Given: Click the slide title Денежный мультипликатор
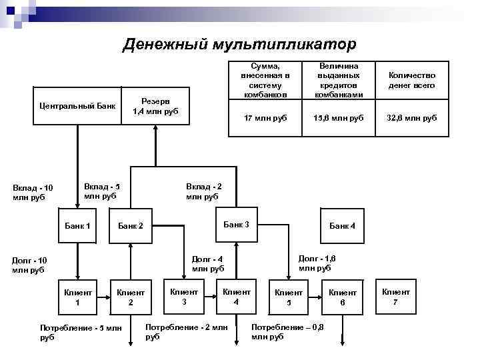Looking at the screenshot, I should [240, 45].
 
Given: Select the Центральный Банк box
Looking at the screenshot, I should [77, 106].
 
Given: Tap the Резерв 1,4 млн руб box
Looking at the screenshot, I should [155, 106].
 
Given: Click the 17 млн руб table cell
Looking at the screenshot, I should [265, 118].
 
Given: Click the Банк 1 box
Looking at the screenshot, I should [77, 226].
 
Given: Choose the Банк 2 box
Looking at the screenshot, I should [131, 226].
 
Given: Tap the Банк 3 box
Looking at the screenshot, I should [236, 225].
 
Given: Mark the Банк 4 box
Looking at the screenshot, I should [342, 226].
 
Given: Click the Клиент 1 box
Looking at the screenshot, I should [77, 297].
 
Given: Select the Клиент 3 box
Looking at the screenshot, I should [184, 296].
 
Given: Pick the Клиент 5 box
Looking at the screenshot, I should [289, 297].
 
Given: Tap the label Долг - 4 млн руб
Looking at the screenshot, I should [207, 264].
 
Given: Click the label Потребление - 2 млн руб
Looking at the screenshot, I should [186, 332].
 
